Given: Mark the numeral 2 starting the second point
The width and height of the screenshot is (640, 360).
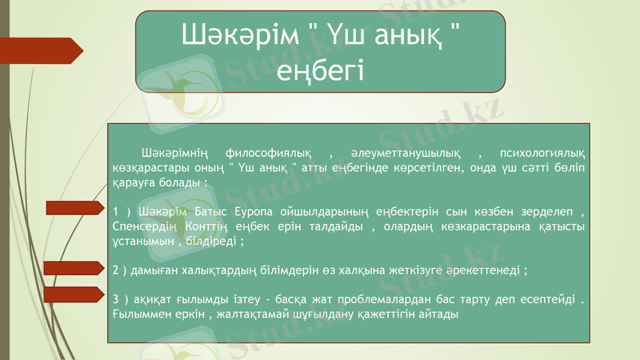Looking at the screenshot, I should click(x=117, y=270).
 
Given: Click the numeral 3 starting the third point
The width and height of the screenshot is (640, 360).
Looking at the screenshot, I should click(x=117, y=299).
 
